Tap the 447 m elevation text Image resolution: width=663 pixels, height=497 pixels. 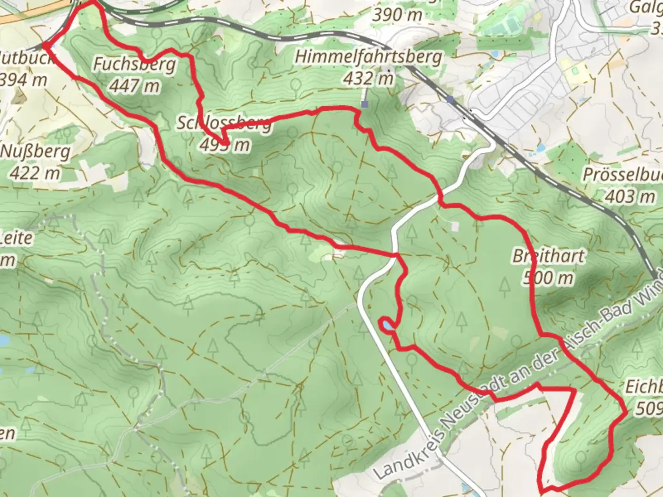pos(134,86)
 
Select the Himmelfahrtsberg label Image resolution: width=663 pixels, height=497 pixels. pos(368,58)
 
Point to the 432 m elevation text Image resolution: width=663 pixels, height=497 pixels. pos(368,78)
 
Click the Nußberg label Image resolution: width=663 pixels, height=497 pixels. pos(36,151)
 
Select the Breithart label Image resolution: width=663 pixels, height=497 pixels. pos(548,256)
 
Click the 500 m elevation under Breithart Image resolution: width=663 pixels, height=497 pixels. pos(548,277)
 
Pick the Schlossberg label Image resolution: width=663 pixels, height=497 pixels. pos(224,123)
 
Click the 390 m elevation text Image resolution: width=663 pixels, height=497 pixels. pos(397,15)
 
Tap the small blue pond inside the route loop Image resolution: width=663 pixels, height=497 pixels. pos(386,325)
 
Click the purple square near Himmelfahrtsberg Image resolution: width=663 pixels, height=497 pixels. pos(365,104)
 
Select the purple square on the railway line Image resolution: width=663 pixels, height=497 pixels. pos(450,99)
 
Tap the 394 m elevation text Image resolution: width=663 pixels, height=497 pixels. pos(23,80)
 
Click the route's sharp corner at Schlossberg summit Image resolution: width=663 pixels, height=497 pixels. pos(224,144)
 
